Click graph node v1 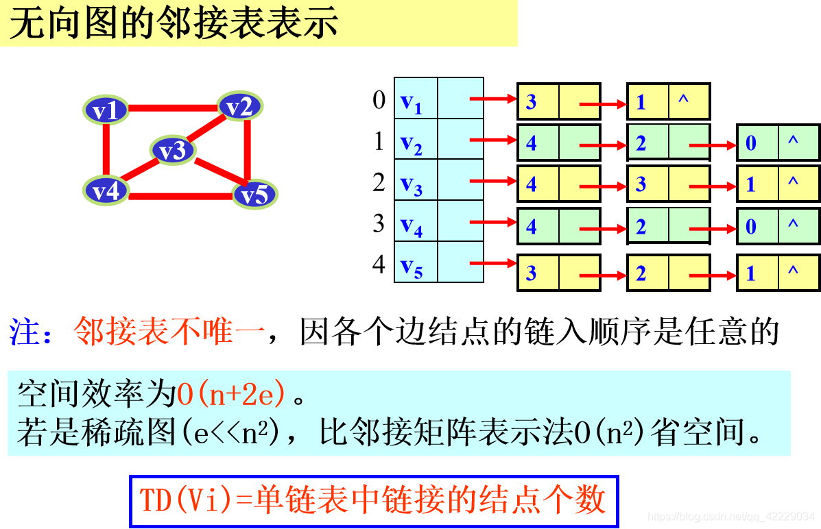[106, 110]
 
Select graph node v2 [240, 106]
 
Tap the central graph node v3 [173, 150]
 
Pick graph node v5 [254, 195]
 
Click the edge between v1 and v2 [173, 108]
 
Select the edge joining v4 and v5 [180, 197]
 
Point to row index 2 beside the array [379, 182]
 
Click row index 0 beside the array [379, 100]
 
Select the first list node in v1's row [558, 102]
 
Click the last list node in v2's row [778, 143]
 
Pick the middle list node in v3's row [668, 184]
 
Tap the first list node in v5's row [558, 273]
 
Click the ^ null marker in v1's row [683, 101]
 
